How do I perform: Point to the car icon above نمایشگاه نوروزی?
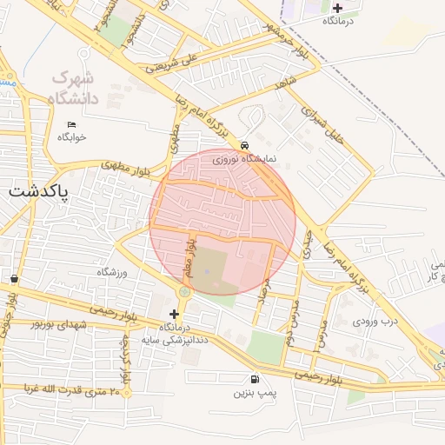click(245, 145)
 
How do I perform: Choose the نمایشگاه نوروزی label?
click(245, 159)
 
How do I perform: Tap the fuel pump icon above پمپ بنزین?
click(254, 379)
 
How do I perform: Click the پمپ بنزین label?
click(254, 393)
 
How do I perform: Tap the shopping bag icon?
click(15, 279)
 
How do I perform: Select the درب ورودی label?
click(375, 321)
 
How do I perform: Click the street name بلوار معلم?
click(186, 259)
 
